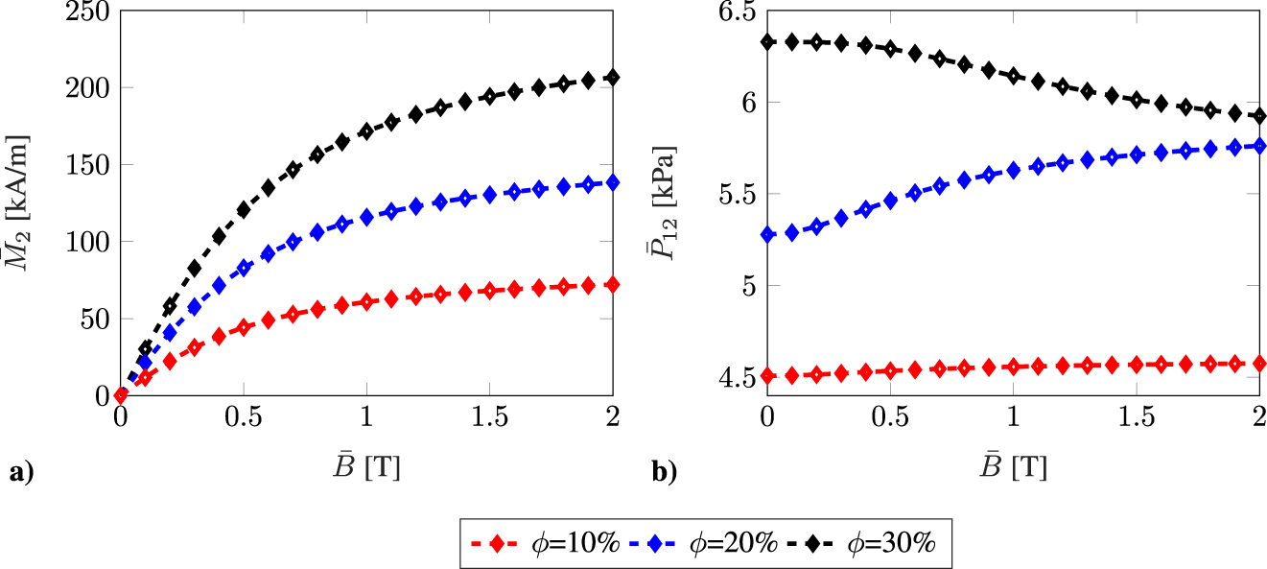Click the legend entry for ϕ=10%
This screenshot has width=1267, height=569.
[x=541, y=542]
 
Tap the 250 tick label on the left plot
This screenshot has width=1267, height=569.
[x=87, y=11]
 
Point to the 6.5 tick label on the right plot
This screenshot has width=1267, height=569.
[x=731, y=11]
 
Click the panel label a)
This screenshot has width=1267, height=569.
[x=20, y=470]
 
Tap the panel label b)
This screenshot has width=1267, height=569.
[x=664, y=470]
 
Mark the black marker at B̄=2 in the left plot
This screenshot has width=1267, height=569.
[x=613, y=78]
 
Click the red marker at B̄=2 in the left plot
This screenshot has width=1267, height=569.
[x=613, y=285]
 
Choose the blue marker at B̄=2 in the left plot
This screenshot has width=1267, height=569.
[x=613, y=182]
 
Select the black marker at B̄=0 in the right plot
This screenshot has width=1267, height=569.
[x=766, y=42]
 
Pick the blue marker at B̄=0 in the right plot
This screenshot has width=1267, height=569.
[x=766, y=234]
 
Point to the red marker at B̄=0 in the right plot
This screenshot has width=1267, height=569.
[x=766, y=375]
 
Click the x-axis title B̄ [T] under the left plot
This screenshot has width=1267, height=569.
[x=366, y=467]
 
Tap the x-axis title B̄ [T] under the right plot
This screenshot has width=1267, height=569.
[x=1013, y=467]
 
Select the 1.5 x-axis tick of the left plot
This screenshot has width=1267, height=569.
[x=489, y=419]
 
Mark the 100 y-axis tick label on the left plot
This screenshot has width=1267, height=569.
[x=87, y=241]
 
